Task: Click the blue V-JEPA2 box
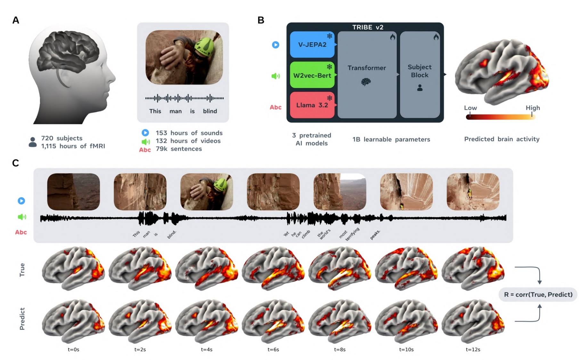[x=312, y=45]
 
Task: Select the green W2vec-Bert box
[x=312, y=75]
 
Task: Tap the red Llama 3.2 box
[x=312, y=105]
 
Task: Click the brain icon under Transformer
[x=366, y=82]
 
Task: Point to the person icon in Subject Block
[x=420, y=87]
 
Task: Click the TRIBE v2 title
[x=368, y=27]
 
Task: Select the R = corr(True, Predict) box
[x=538, y=295]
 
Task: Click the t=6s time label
[x=273, y=349]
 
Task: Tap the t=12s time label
[x=473, y=349]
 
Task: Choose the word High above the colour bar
[x=533, y=108]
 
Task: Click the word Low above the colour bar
[x=470, y=108]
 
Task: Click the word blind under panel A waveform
[x=210, y=111]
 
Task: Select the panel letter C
[x=15, y=163]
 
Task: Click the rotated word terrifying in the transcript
[x=353, y=234]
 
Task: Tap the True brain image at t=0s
[x=73, y=268]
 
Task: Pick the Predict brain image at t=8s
[x=340, y=321]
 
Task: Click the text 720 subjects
[x=62, y=138]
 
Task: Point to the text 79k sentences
[x=179, y=149]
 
